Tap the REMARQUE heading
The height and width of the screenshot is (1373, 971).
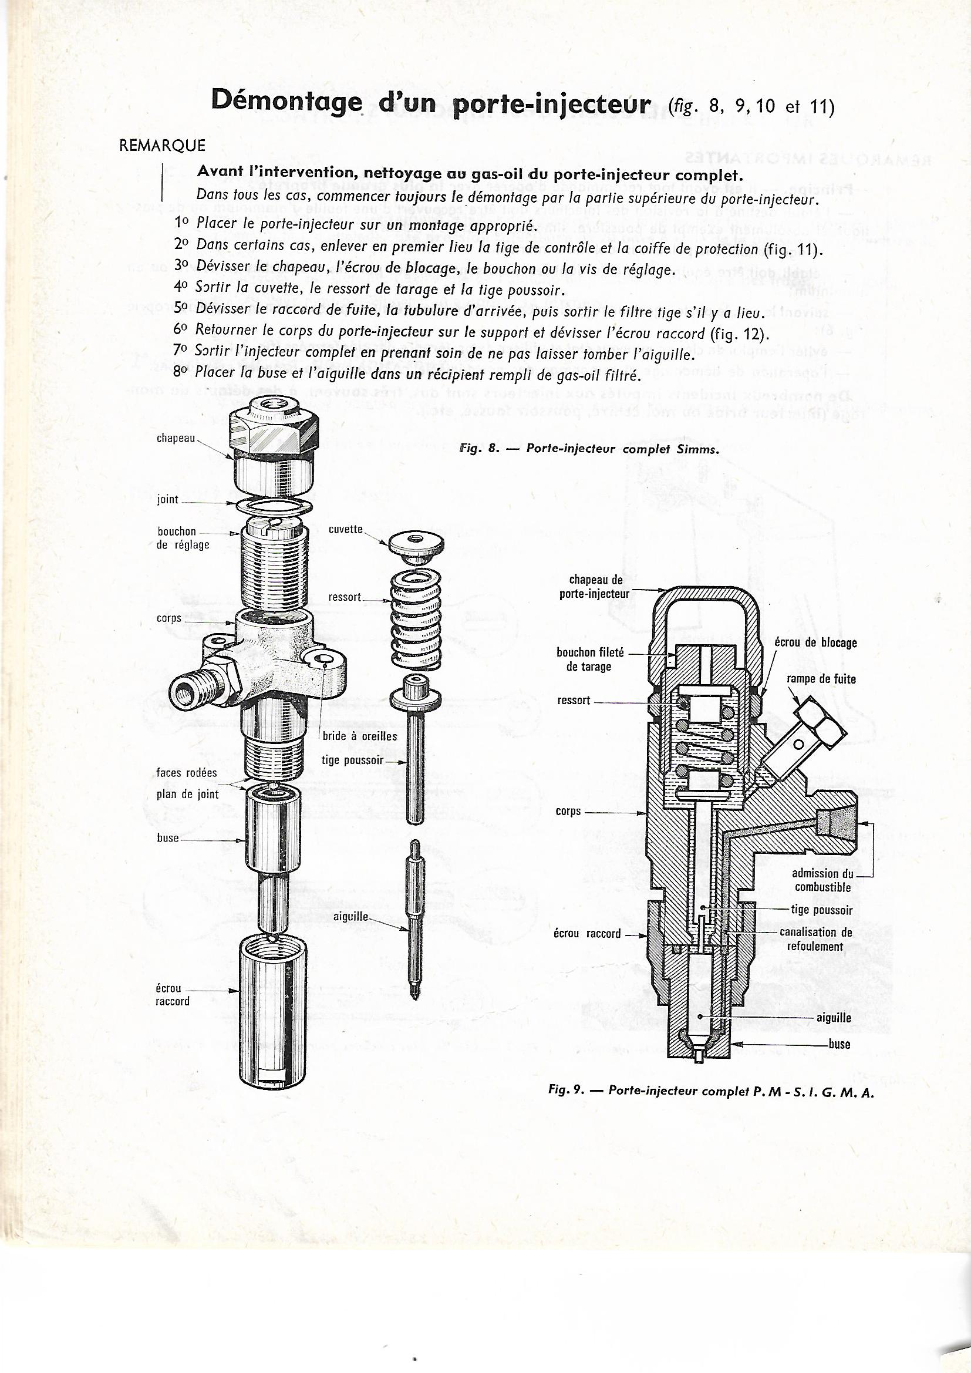point(163,146)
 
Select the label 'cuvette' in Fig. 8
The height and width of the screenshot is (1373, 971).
point(346,530)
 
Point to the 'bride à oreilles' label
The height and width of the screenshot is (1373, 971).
point(360,736)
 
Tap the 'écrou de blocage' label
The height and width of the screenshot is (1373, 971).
point(816,643)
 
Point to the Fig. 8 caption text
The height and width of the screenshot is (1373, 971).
point(588,449)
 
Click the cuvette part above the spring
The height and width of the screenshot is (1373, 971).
point(416,547)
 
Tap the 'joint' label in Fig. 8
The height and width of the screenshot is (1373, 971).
point(168,499)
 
